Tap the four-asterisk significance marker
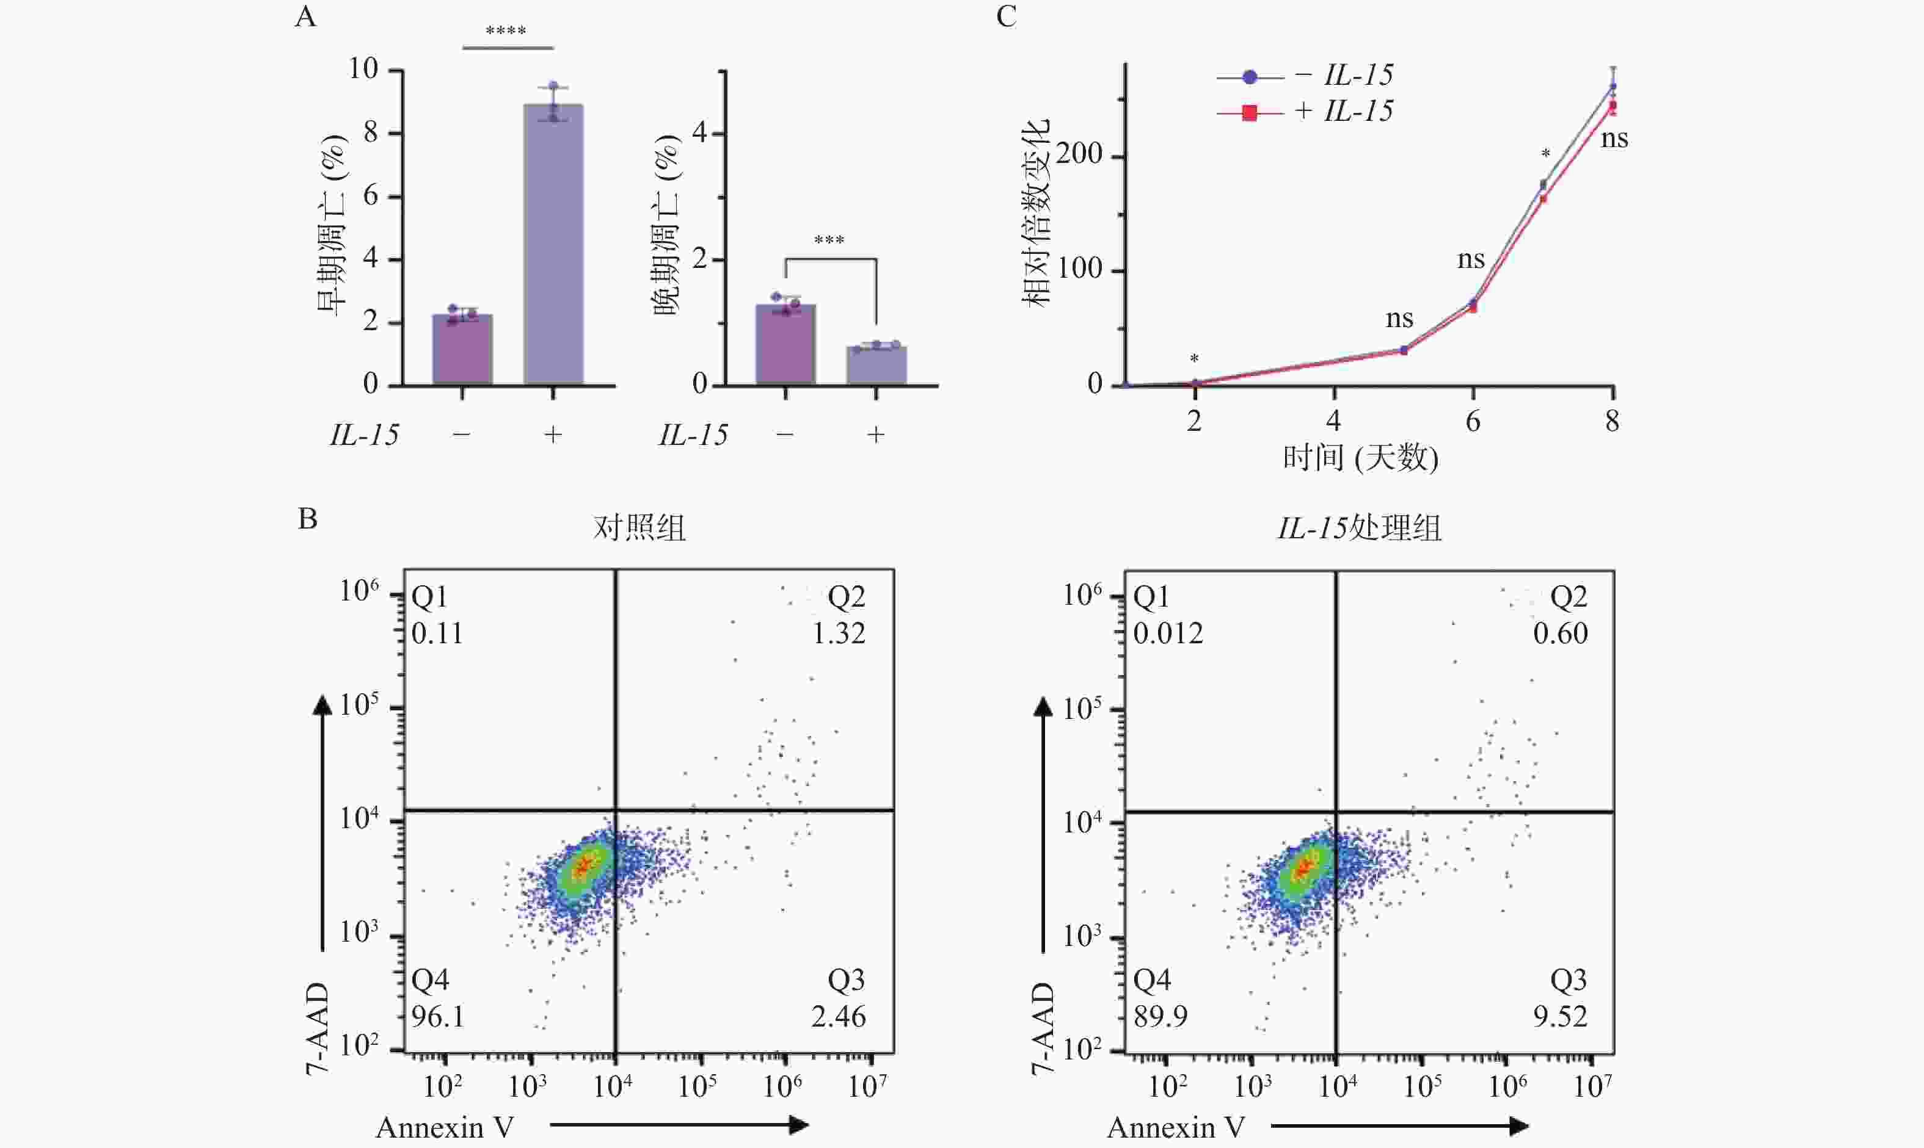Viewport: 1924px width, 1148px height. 506,32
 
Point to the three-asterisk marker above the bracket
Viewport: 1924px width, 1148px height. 829,240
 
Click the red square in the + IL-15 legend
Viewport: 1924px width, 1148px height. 1248,113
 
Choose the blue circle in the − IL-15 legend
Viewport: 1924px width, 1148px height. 1249,76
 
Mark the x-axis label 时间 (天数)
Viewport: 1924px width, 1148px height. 1360,458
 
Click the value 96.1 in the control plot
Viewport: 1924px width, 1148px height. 438,1017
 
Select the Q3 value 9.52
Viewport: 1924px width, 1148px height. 1560,1017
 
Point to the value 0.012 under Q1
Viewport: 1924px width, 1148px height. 1168,634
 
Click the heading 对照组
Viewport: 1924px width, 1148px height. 640,529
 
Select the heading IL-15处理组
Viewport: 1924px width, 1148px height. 1359,529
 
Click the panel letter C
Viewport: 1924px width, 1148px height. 1006,16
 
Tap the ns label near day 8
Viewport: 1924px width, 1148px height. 1614,139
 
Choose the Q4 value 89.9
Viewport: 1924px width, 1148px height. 1160,1017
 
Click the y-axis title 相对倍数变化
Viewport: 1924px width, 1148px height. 1035,213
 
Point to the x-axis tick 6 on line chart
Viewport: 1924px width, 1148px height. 1473,422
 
